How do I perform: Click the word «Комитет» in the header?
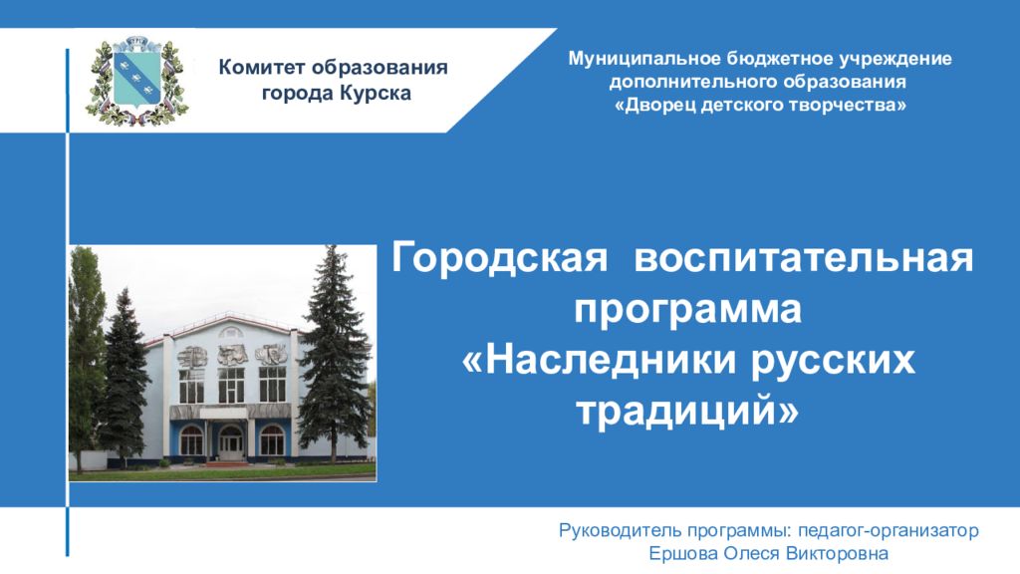tap(263, 69)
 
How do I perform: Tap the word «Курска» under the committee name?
tap(373, 94)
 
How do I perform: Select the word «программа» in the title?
tap(687, 310)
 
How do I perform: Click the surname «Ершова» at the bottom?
tap(683, 553)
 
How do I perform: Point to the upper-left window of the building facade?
tap(191, 386)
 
